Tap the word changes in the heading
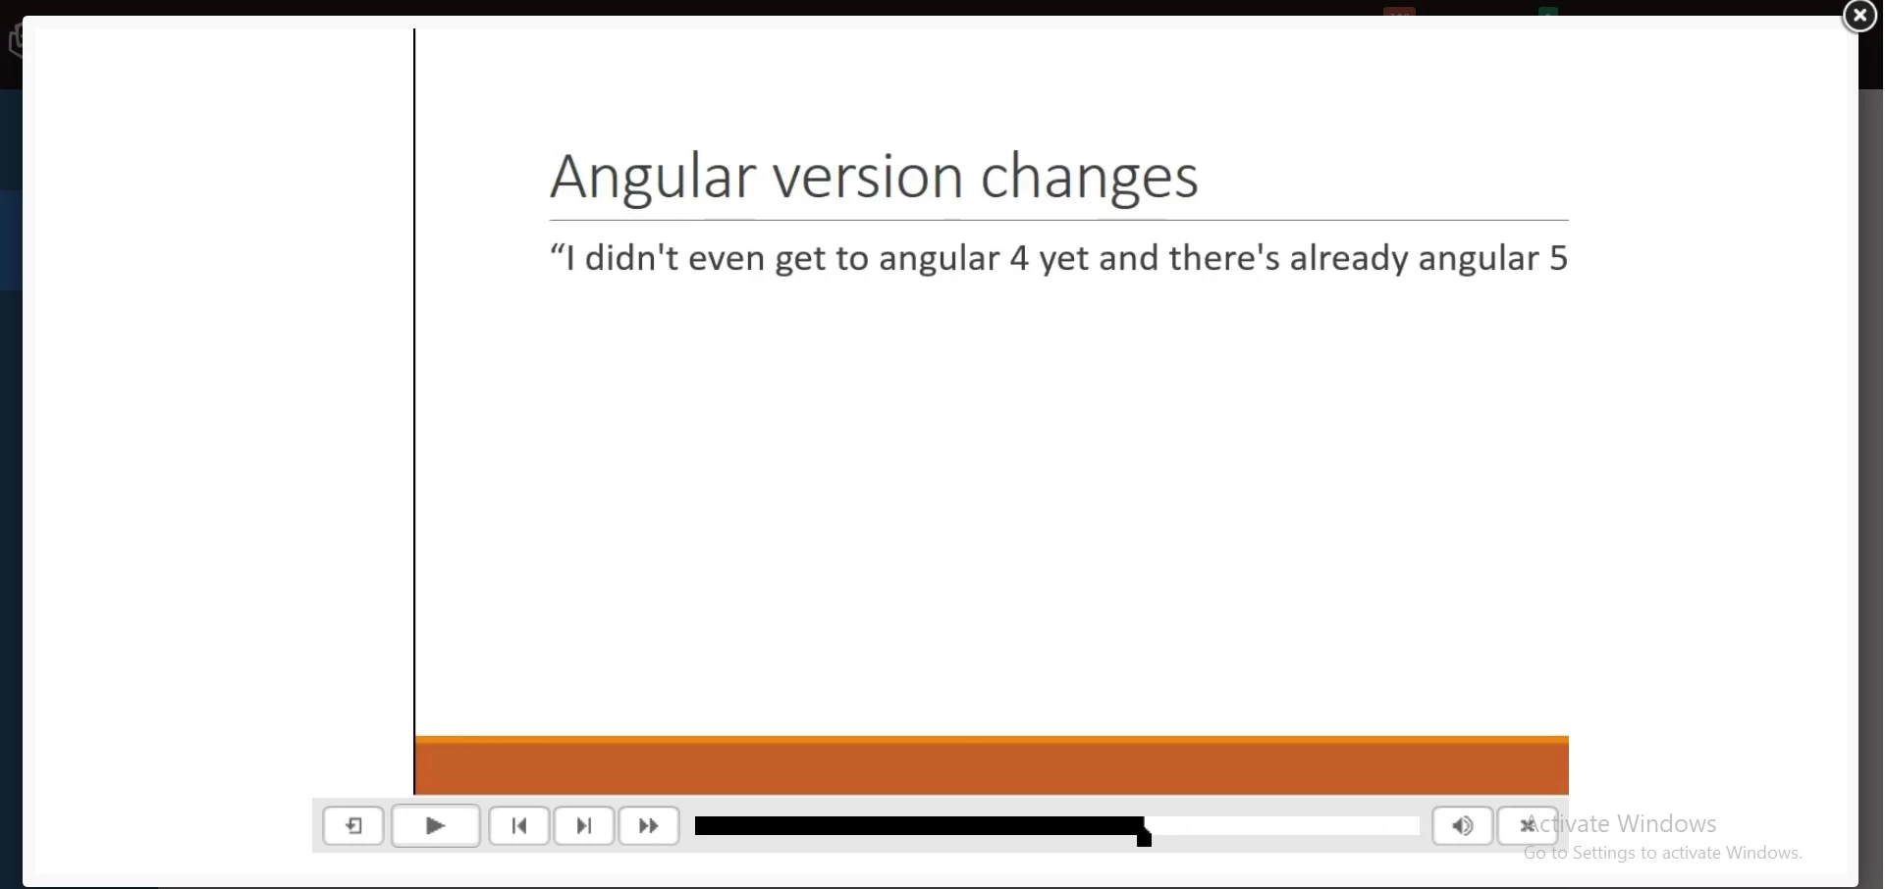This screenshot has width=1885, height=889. tap(1090, 179)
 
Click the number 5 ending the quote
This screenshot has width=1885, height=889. tap(1559, 259)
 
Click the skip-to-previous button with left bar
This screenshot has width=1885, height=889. tap(519, 826)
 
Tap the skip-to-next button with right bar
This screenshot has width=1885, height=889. tap(584, 826)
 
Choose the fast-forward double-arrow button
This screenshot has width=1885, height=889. tap(649, 826)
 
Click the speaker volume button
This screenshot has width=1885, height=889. tap(1463, 826)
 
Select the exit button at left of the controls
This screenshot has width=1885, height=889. tap(353, 826)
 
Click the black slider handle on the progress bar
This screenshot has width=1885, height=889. tap(1145, 833)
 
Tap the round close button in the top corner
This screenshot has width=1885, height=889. tap(1859, 16)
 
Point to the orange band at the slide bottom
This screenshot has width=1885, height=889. tap(993, 764)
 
